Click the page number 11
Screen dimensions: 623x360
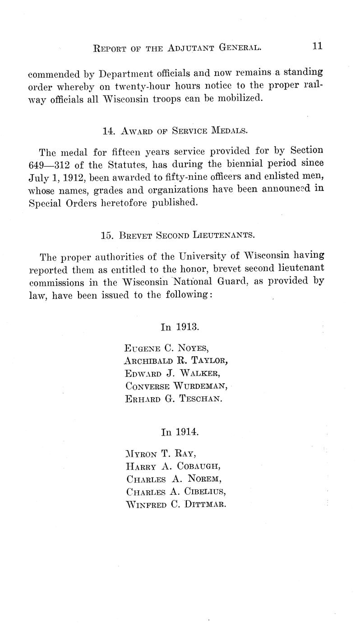tap(317, 46)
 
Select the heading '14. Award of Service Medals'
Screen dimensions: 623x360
tap(175, 131)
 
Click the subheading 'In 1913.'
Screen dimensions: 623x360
tap(180, 326)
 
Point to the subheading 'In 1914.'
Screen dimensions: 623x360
tap(180, 432)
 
